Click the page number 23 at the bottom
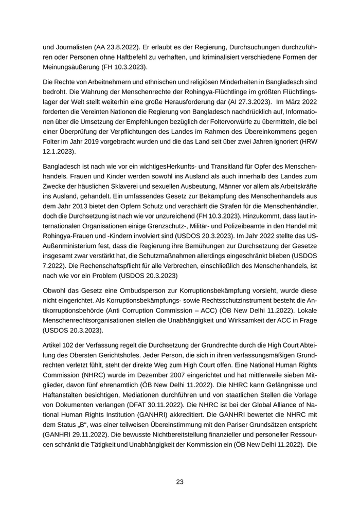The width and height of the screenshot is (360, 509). (x=180, y=482)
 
